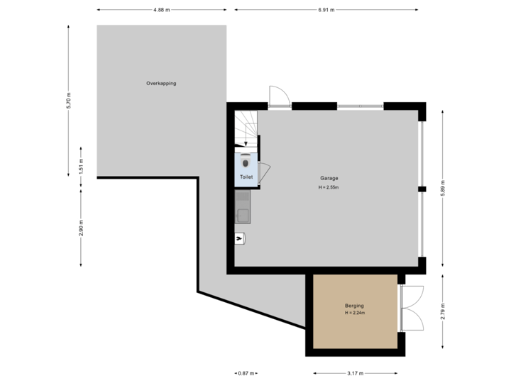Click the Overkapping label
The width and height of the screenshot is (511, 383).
161,84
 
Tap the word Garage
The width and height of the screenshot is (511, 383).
328,178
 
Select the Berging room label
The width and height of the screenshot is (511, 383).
353,306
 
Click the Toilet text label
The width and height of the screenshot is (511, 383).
246,176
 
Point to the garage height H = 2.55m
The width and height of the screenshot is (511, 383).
329,188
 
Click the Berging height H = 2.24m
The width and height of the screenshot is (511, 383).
354,313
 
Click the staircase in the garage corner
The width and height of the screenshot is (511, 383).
246,128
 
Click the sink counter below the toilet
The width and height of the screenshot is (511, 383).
243,206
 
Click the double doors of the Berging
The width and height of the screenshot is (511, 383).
413,308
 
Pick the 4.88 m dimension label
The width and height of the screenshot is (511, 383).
161,10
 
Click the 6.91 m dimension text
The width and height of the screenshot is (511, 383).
326,10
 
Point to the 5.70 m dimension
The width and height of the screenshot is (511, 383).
68,101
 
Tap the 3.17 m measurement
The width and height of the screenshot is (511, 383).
355,373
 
